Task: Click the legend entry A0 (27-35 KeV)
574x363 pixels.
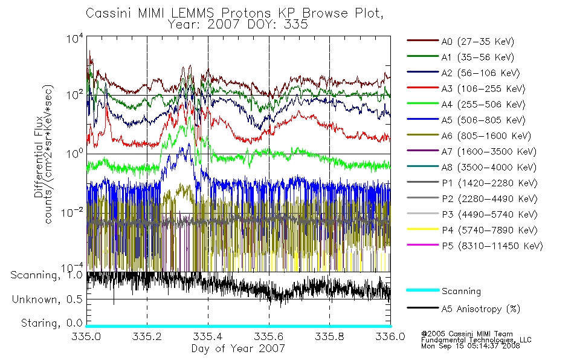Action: pos(477,41)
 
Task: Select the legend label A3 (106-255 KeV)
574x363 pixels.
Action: pos(483,89)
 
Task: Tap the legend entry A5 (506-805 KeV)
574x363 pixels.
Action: pos(483,120)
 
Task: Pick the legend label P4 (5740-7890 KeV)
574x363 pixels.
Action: pos(489,231)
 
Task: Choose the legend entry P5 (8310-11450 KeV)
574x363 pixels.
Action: pos(492,246)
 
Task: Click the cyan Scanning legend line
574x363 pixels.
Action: pos(423,290)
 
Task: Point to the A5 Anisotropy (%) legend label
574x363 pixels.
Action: pos(481,309)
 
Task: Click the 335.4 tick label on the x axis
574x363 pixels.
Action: pos(208,336)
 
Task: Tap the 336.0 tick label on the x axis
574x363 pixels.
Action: pos(390,336)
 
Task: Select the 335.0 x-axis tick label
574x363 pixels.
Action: pos(86,336)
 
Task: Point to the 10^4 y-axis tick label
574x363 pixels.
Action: pos(75,38)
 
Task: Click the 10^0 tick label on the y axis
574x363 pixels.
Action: pos(75,153)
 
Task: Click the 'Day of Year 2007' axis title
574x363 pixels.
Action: pos(238,348)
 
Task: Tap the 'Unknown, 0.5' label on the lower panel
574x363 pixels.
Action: pos(47,299)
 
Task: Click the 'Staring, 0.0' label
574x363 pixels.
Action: pos(51,323)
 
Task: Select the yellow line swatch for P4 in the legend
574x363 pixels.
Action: pos(423,229)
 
